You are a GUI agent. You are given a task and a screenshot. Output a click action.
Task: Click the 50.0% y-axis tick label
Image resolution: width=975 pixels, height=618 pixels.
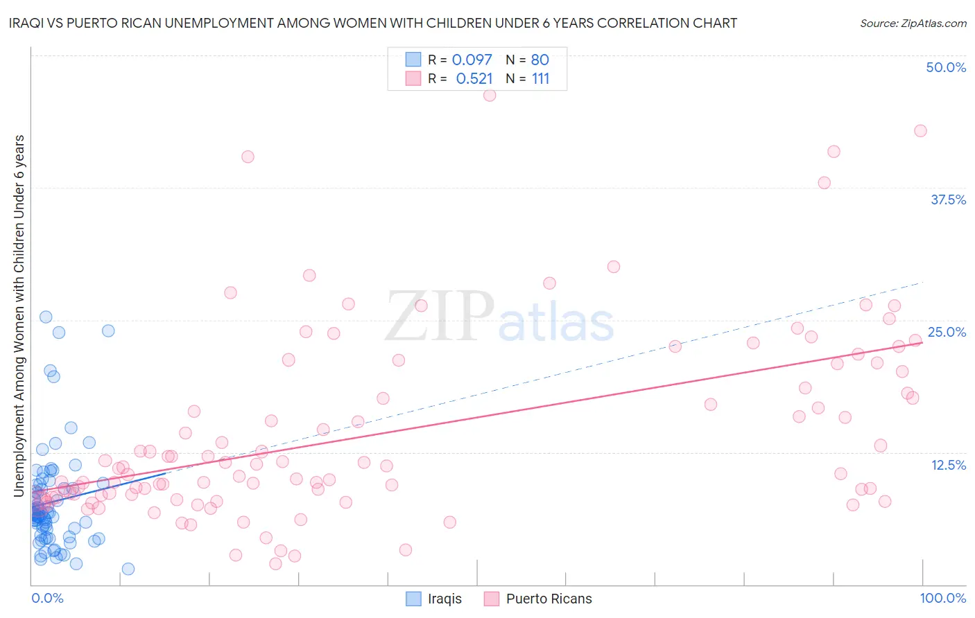tap(946, 67)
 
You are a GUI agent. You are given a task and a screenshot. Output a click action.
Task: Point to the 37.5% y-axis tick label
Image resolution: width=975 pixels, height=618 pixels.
tap(948, 200)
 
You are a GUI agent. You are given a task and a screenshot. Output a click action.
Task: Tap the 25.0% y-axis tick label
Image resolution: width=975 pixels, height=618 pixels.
tap(947, 332)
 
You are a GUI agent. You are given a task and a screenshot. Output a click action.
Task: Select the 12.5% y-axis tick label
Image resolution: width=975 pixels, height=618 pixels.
tap(948, 465)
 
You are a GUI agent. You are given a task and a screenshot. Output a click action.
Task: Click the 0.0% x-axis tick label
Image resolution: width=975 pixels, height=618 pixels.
tap(47, 599)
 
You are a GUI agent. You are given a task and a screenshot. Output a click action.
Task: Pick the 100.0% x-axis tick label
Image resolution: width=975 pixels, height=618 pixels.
tap(942, 599)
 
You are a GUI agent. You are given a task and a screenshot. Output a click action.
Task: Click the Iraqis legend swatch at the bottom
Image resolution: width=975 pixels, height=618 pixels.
tap(413, 599)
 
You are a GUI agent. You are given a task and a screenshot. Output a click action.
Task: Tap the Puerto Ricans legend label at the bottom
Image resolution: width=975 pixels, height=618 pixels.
tap(549, 599)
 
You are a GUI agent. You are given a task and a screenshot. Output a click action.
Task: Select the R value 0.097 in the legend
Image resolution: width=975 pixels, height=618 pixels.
tap(472, 60)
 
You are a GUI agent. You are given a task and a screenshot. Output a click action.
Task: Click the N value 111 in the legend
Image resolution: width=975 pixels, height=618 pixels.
tap(540, 79)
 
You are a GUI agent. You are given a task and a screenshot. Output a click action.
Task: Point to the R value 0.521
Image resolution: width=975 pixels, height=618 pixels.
tap(474, 79)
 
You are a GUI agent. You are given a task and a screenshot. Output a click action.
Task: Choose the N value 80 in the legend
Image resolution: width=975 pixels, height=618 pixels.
tap(540, 60)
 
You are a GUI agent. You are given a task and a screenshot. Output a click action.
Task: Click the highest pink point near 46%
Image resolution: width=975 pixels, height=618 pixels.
tap(490, 96)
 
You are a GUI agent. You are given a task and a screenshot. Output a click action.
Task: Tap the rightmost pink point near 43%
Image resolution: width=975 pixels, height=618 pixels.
tap(920, 131)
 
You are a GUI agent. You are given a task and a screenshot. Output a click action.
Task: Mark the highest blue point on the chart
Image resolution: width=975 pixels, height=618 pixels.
tap(46, 317)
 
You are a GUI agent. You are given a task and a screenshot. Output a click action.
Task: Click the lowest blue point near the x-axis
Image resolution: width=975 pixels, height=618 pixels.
tap(128, 569)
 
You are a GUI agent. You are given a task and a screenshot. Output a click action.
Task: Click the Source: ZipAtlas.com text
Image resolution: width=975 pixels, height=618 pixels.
tap(913, 23)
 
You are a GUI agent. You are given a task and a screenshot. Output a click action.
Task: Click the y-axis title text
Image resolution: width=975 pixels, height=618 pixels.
tap(19, 316)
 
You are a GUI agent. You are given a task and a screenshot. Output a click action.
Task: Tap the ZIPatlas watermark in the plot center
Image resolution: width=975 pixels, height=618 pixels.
tap(499, 317)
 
